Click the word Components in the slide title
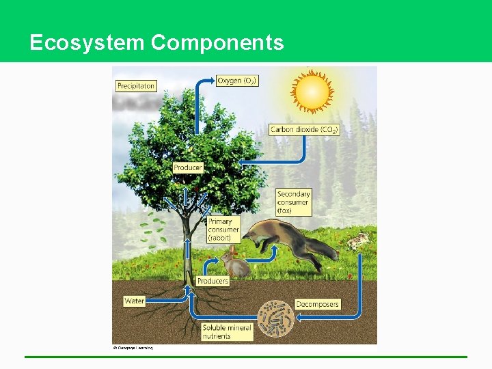click(217, 43)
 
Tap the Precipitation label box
click(136, 86)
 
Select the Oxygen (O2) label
click(237, 81)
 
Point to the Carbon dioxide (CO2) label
click(304, 129)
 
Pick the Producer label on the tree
click(187, 167)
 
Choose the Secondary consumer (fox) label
click(294, 202)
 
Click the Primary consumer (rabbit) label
click(223, 230)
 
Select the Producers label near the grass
click(213, 281)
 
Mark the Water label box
click(135, 301)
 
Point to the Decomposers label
click(317, 304)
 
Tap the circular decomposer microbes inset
click(275, 318)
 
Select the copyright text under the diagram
click(133, 348)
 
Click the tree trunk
click(186, 253)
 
